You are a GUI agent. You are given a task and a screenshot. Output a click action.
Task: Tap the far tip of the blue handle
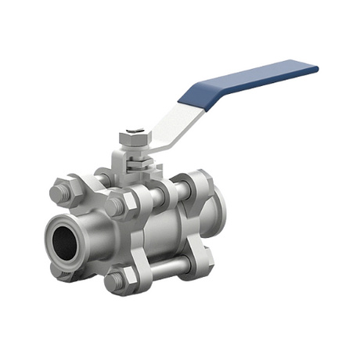314,68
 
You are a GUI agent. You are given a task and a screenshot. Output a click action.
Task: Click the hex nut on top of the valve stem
134,139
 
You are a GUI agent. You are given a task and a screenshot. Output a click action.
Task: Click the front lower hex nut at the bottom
117,280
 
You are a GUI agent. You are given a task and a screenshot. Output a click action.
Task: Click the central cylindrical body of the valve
160,227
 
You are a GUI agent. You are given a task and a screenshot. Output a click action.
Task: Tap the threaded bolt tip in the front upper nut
114,207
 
